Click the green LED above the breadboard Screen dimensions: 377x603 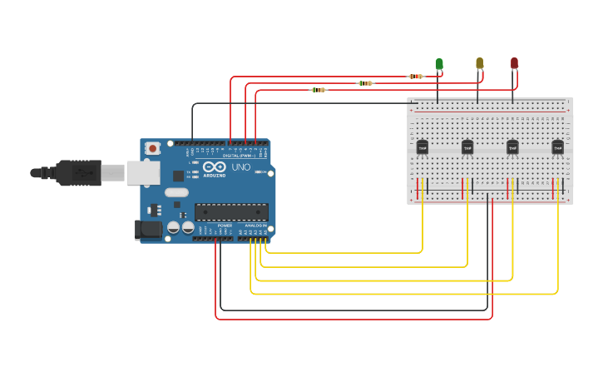pyautogui.click(x=439, y=64)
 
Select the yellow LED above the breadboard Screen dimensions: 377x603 pyautogui.click(x=479, y=63)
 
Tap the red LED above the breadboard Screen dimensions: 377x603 pyautogui.click(x=514, y=63)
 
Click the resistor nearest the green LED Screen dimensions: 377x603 pyautogui.click(x=415, y=77)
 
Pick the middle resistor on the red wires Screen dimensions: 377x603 pyautogui.click(x=365, y=83)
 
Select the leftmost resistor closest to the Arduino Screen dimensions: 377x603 pyautogui.click(x=318, y=90)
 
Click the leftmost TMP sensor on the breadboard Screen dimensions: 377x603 pyautogui.click(x=423, y=147)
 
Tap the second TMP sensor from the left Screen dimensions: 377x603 pyautogui.click(x=467, y=147)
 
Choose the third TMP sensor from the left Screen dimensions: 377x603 pyautogui.click(x=512, y=147)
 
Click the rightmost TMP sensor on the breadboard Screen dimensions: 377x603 pyautogui.click(x=557, y=147)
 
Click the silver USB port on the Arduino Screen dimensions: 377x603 pyautogui.click(x=142, y=172)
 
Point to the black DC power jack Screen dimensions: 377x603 pyautogui.click(x=148, y=229)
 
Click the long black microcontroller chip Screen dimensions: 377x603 pyautogui.click(x=231, y=212)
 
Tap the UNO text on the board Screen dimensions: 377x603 pyautogui.click(x=240, y=167)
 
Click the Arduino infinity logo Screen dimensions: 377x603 pyautogui.click(x=214, y=166)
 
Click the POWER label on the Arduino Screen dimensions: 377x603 pyautogui.click(x=225, y=226)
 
